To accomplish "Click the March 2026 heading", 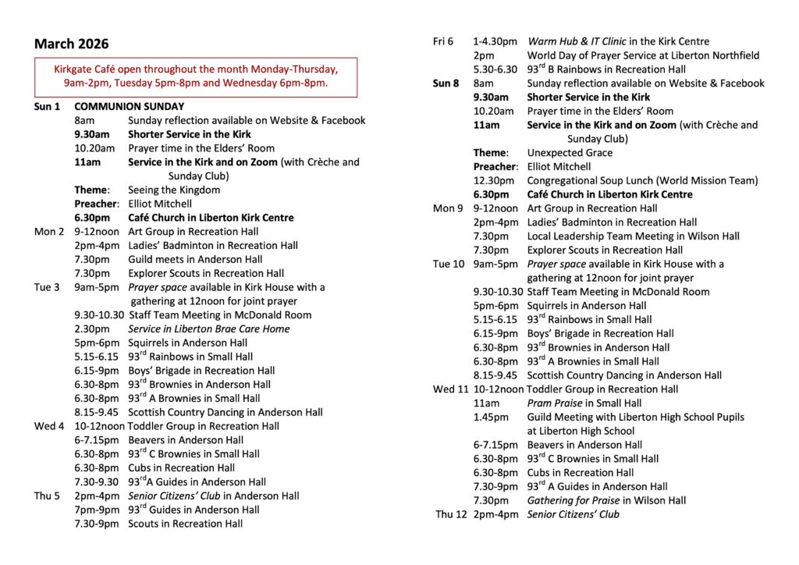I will [x=72, y=44].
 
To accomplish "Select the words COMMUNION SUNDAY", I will [x=130, y=106].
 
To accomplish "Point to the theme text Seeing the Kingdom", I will [x=174, y=190].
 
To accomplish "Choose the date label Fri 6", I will [x=443, y=41].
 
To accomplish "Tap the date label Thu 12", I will [x=451, y=514].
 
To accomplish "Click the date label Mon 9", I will [x=448, y=208].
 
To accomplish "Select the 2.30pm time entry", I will [x=91, y=329].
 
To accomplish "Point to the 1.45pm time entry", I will [x=489, y=418].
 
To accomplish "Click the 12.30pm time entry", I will [x=492, y=181].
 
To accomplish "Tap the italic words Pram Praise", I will [x=555, y=403].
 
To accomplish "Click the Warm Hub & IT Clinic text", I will [x=577, y=41].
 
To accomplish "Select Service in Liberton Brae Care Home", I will [x=209, y=329].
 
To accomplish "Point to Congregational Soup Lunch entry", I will [x=642, y=181].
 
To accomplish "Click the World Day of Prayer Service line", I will [x=643, y=55].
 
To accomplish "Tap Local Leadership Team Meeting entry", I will [x=633, y=236].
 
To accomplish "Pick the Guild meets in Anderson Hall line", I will [x=195, y=260].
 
